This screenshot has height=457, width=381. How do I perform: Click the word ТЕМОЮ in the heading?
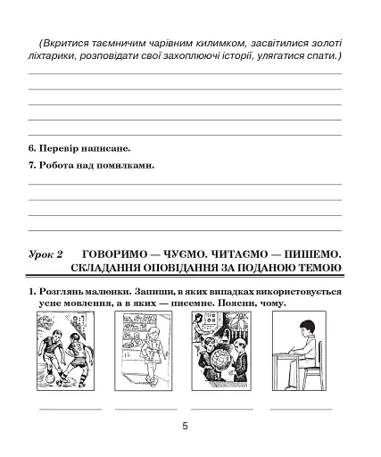[x=319, y=268]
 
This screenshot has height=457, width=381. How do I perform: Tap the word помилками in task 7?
[x=127, y=165]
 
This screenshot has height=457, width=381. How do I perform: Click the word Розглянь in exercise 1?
[x=63, y=292]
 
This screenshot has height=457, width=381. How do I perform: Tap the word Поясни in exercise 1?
[x=235, y=303]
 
